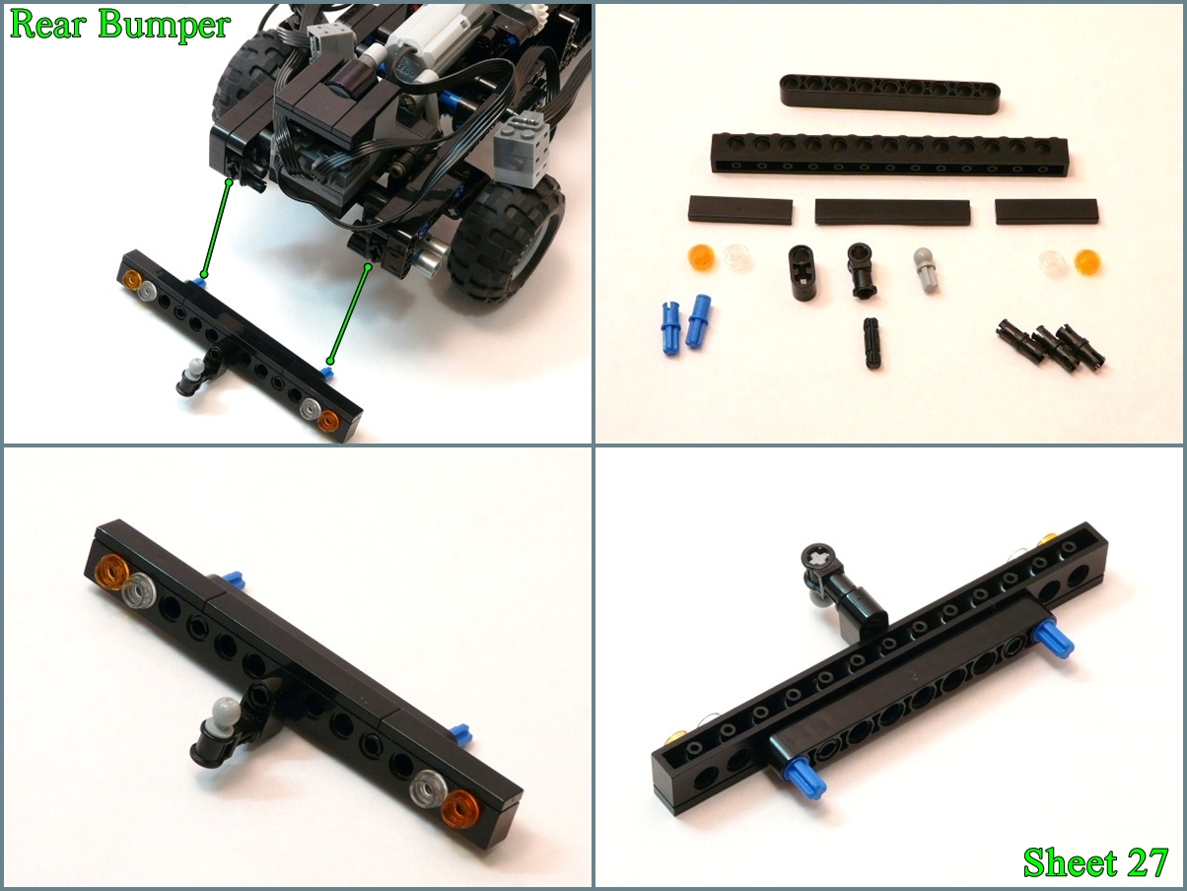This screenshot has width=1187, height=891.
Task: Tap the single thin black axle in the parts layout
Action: pyautogui.click(x=872, y=343)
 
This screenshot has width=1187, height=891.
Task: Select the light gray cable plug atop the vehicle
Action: pyautogui.click(x=327, y=38)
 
